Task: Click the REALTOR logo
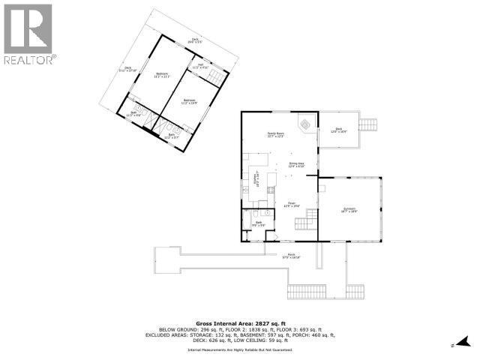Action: pos(28,33)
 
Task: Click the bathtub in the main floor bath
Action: pos(248,218)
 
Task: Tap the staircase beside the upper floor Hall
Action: pos(215,76)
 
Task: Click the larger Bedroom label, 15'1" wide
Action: pos(163,74)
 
